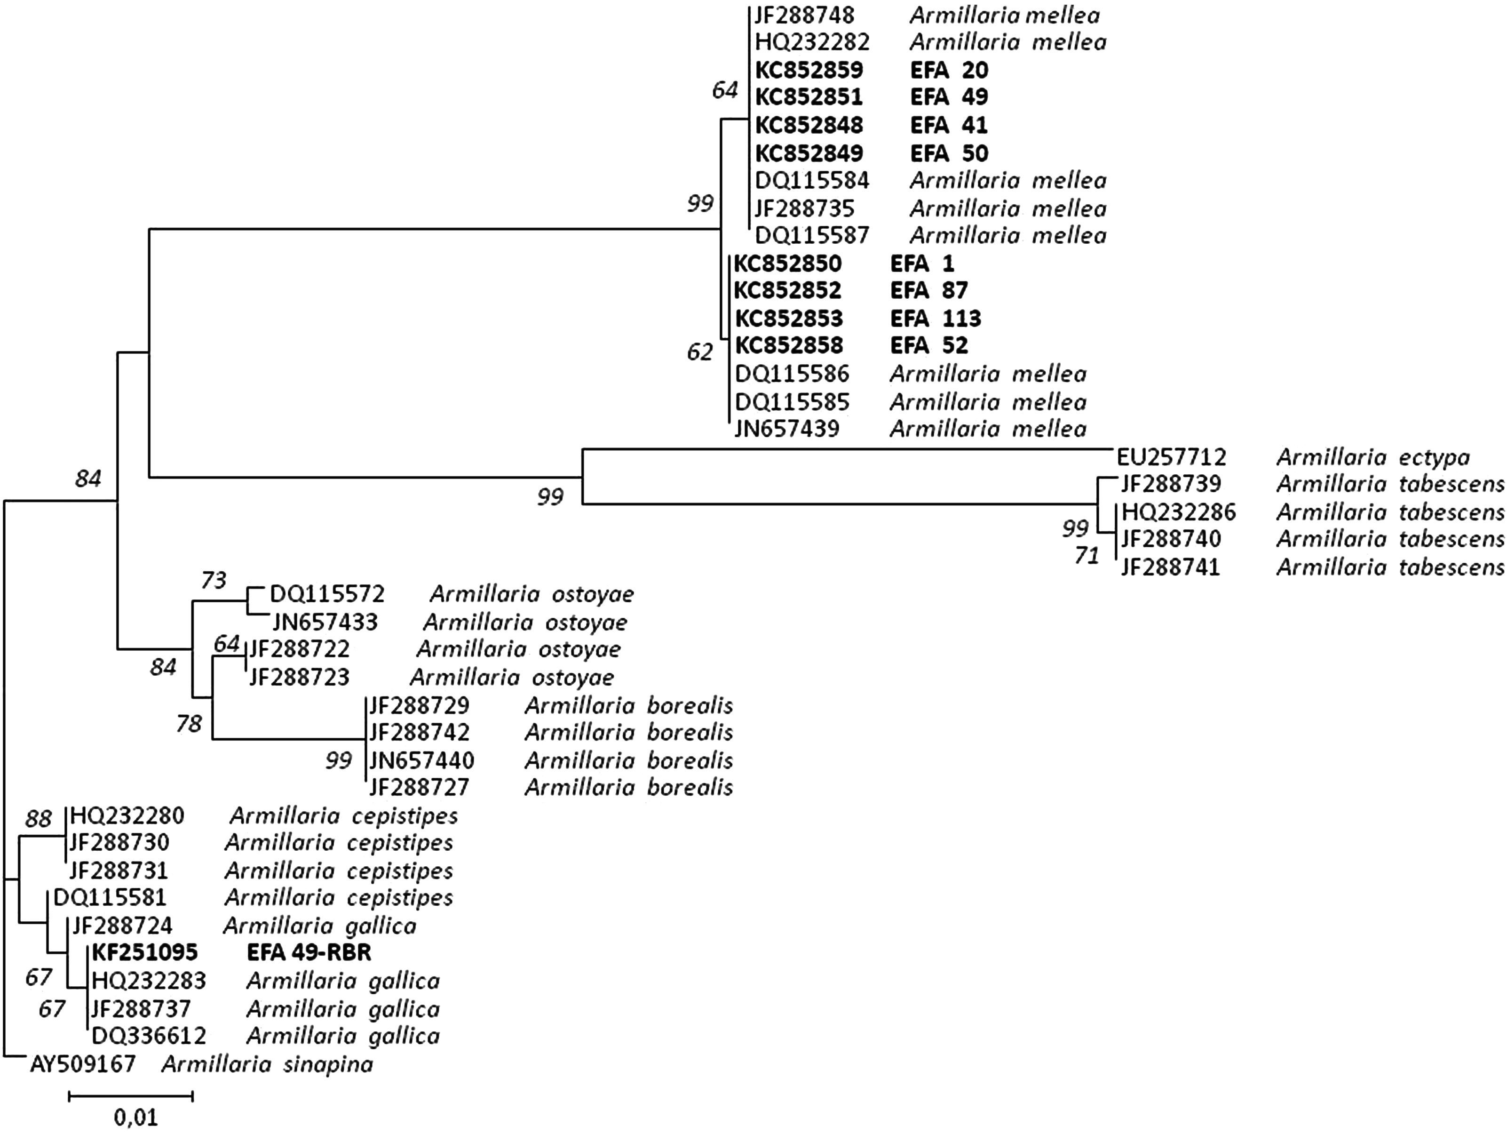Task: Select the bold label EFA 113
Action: coord(936,318)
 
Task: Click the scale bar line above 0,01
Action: coord(131,1096)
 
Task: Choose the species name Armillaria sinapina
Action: coord(267,1064)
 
